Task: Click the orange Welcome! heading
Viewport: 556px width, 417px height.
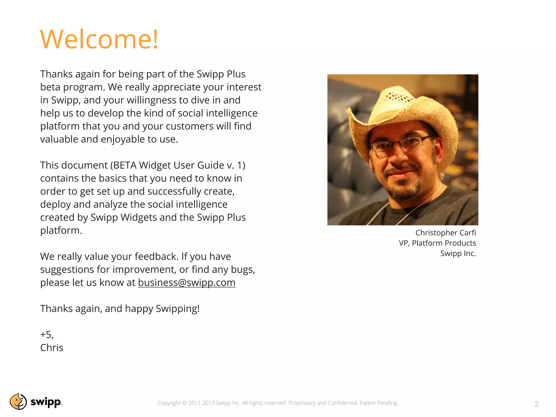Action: tap(99, 39)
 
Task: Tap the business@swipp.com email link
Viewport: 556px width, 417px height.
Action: tap(187, 283)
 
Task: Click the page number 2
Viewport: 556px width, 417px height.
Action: tap(536, 404)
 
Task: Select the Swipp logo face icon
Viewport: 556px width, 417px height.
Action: tap(18, 402)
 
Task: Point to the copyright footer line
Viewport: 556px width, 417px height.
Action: tap(277, 403)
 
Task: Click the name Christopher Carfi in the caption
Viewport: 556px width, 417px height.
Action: tap(446, 233)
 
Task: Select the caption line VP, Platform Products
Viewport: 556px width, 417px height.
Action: tap(437, 243)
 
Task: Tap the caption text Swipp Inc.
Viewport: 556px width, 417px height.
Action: tap(458, 253)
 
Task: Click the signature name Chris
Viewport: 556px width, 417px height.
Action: tap(52, 348)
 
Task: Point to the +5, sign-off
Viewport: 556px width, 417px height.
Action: tap(47, 335)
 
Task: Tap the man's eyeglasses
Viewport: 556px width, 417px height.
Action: tap(399, 144)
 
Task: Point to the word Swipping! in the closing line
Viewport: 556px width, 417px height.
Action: tap(178, 309)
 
